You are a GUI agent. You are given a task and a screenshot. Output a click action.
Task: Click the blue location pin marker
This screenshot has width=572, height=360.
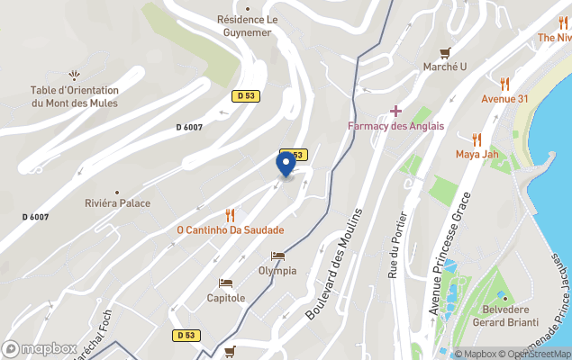click(x=286, y=164)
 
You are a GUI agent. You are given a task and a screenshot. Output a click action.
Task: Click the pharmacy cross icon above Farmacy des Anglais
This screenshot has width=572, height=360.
click(x=395, y=110)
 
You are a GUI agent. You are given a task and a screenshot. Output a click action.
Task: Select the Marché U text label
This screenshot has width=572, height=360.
click(x=445, y=67)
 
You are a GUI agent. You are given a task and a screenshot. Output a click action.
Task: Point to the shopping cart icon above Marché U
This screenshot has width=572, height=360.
click(x=445, y=52)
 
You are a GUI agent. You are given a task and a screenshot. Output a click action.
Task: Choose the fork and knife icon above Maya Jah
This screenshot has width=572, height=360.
click(x=477, y=139)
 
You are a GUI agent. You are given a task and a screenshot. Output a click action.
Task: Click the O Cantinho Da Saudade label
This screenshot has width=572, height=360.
click(x=230, y=230)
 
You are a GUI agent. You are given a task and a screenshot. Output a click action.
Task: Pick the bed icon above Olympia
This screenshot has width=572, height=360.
click(x=277, y=256)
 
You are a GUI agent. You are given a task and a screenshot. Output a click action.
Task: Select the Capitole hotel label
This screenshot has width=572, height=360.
click(x=225, y=298)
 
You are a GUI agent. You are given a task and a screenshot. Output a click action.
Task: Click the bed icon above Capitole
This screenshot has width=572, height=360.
click(x=225, y=283)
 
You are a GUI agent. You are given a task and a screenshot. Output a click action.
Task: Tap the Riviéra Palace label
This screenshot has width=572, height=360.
click(x=118, y=203)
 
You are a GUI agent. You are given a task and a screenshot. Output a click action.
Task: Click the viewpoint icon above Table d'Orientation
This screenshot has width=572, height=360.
click(x=74, y=76)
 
